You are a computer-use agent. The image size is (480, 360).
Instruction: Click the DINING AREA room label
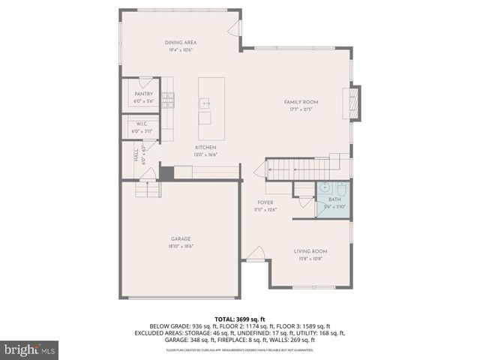pos(179,43)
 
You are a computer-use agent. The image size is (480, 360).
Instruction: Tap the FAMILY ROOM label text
pos(301,101)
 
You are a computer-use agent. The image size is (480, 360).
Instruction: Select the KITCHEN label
pos(206,147)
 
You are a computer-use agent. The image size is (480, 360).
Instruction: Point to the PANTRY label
pos(144,94)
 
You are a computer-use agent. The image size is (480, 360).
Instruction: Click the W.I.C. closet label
pos(141,124)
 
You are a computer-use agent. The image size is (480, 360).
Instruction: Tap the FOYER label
pos(265,202)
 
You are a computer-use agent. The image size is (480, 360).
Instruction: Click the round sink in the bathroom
pos(326,188)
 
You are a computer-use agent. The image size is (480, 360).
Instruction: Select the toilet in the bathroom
pos(340,187)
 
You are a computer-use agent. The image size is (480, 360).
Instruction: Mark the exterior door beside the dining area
pos(237,28)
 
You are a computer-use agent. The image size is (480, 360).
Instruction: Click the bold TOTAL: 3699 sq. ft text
pos(240,319)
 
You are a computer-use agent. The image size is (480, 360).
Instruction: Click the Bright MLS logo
pos(30,349)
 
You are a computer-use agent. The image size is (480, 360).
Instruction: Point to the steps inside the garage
pos(148,189)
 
